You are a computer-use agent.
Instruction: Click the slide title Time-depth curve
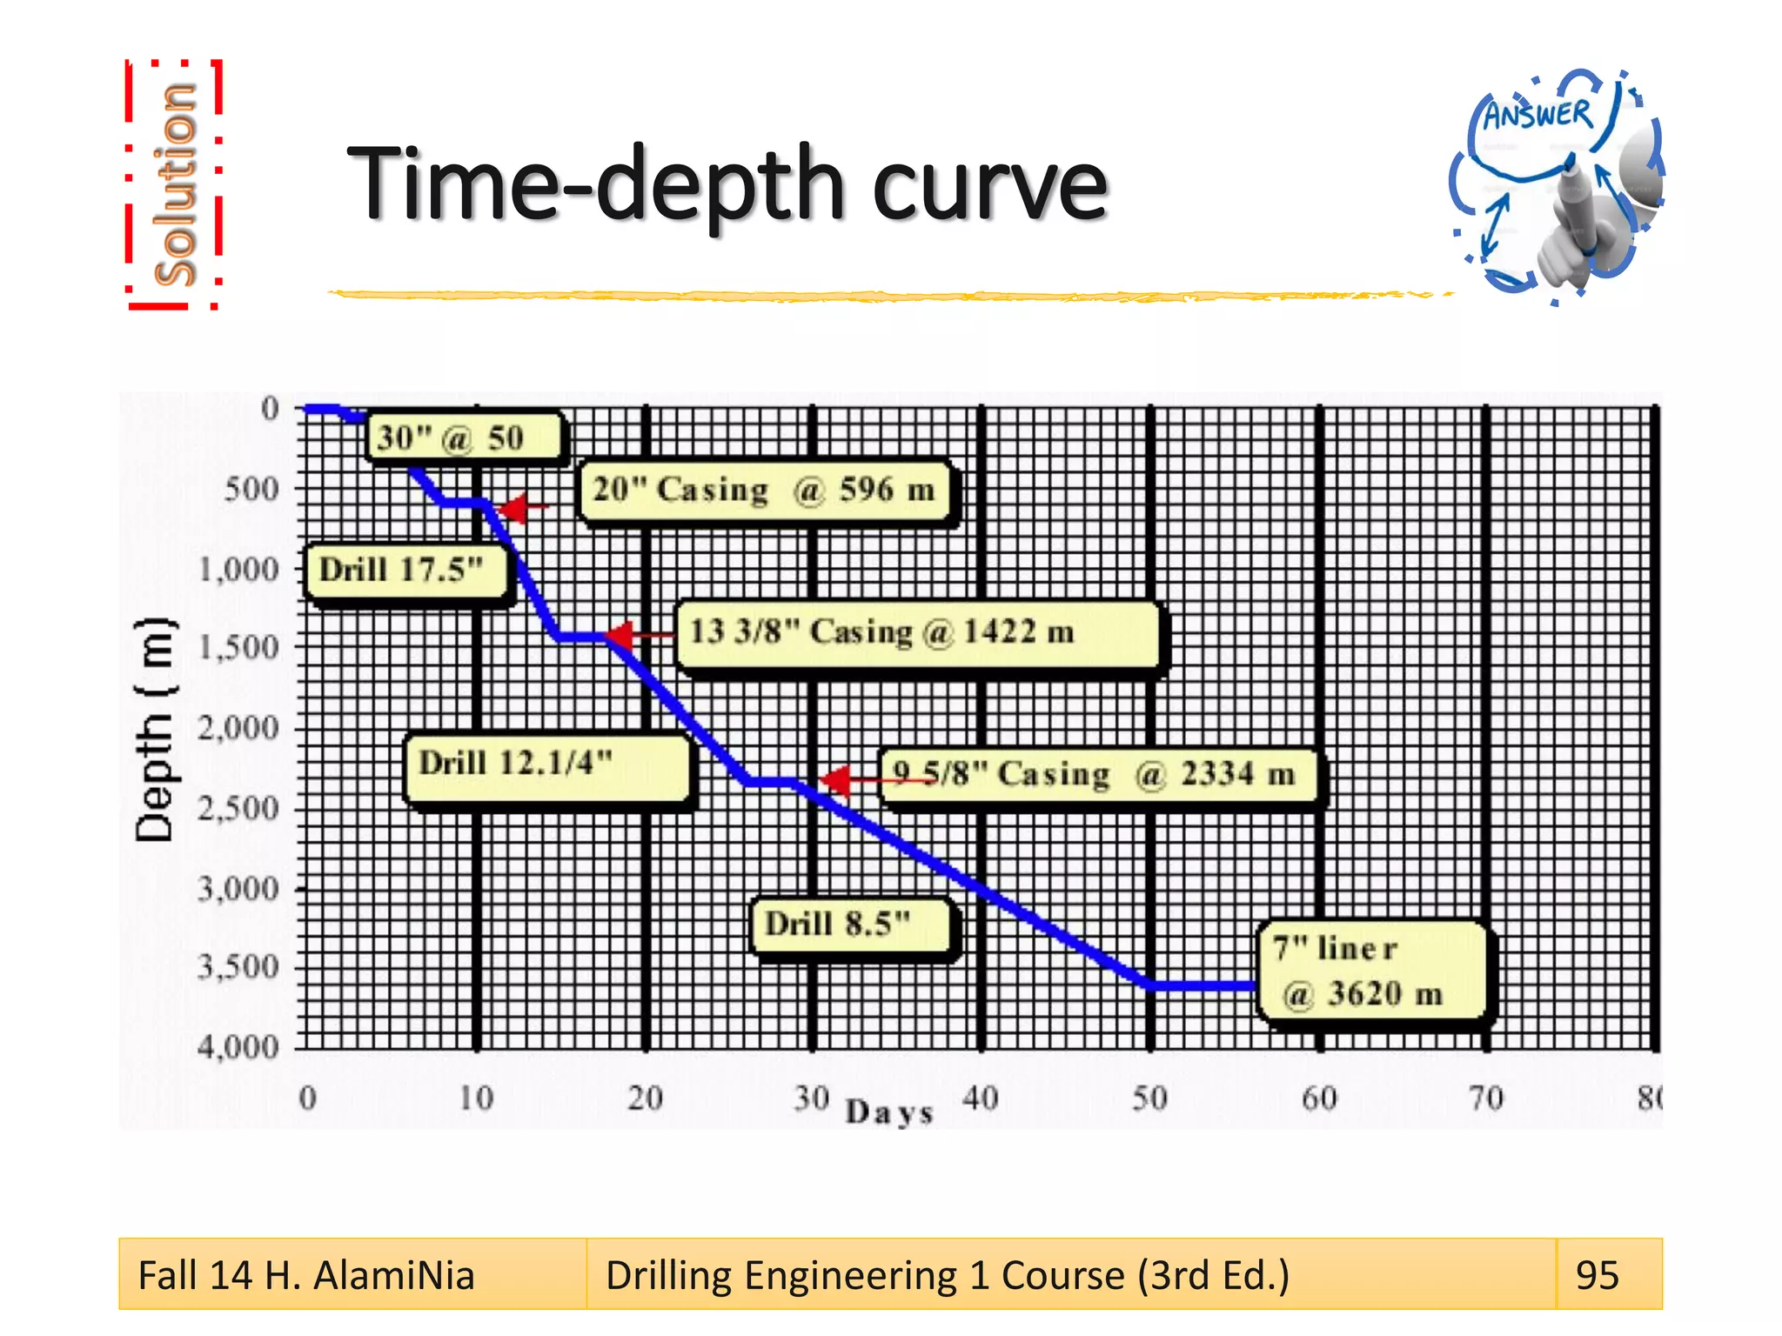point(727,185)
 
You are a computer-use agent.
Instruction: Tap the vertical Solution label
point(174,184)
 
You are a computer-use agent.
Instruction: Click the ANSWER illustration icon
point(1556,184)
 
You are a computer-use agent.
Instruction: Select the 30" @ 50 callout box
point(465,438)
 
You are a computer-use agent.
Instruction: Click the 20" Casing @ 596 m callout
point(765,491)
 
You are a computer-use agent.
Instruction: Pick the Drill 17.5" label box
point(405,571)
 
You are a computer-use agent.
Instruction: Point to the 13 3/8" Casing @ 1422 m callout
point(917,634)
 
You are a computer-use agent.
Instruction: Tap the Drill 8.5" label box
point(852,925)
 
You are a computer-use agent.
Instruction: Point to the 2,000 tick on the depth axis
point(238,728)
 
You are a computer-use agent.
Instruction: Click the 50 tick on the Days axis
point(1149,1099)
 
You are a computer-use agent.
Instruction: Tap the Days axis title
point(889,1112)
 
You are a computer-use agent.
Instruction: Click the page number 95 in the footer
point(1597,1275)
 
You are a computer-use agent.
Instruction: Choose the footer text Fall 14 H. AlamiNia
point(306,1275)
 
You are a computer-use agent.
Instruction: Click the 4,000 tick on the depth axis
point(238,1047)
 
